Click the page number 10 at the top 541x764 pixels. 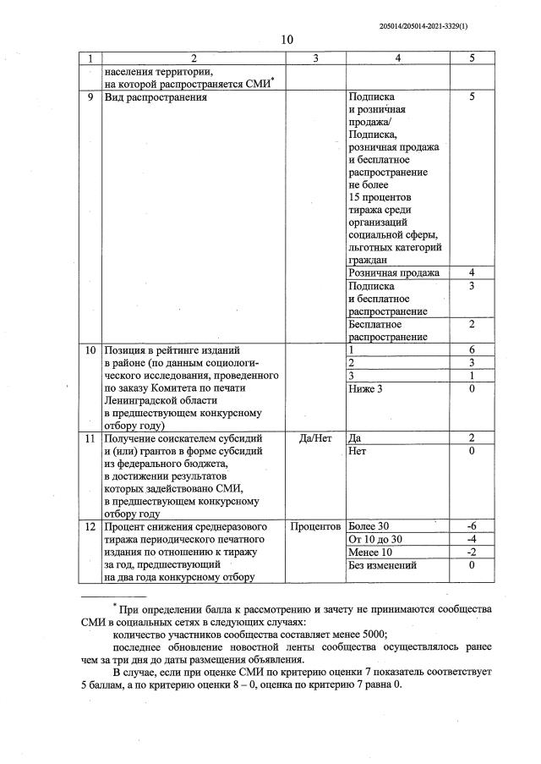286,40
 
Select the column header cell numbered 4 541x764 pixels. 397,58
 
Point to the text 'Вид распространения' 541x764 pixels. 155,97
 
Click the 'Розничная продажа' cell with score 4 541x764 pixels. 394,272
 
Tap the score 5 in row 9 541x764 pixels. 472,97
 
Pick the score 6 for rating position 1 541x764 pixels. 472,349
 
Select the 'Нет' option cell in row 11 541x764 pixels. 356,451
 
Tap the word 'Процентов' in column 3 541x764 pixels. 315,527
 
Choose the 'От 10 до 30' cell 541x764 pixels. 375,540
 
